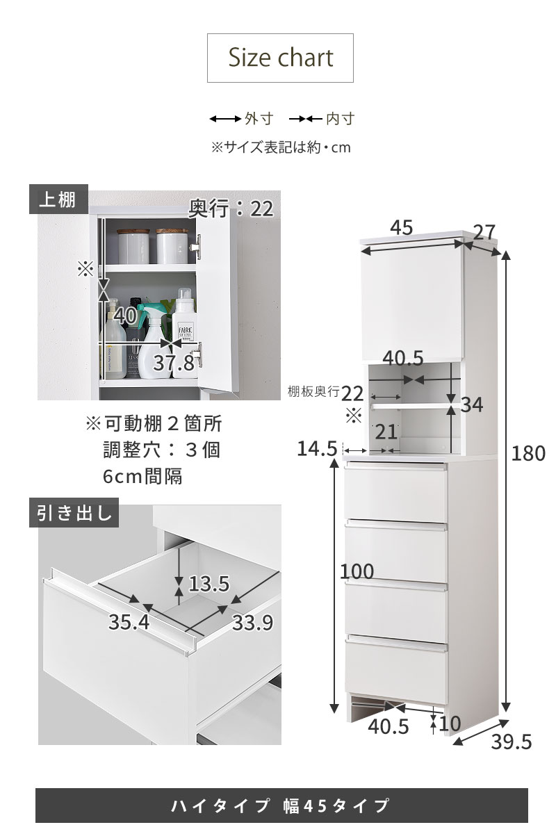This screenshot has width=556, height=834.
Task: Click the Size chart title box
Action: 280,58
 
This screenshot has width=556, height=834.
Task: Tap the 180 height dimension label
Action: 528,453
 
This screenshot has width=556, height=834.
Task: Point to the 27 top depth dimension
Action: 484,232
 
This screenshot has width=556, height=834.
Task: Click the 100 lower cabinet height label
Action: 357,571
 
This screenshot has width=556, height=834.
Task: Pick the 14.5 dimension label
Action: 317,448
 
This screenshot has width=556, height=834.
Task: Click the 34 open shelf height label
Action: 472,404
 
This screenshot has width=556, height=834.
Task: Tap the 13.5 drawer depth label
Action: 209,583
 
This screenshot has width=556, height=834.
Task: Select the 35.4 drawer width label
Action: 129,622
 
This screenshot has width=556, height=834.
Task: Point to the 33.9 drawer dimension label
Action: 252,622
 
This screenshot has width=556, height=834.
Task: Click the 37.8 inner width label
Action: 174,363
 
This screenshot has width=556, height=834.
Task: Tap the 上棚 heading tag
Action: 58,199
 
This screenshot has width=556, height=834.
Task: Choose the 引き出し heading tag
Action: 74,512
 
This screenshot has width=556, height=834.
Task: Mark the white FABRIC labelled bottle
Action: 184,334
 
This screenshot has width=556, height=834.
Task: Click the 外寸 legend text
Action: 259,119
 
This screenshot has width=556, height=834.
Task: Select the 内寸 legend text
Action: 341,119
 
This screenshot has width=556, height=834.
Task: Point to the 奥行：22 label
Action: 231,209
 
